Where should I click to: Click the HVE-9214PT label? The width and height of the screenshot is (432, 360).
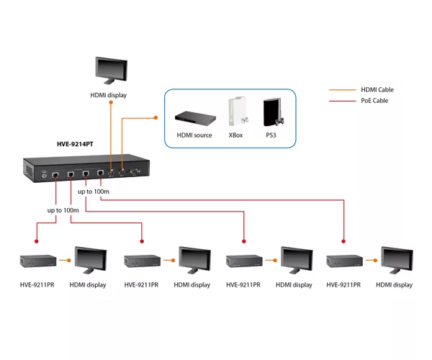pyautogui.click(x=75, y=144)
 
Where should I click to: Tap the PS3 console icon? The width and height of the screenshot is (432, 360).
pyautogui.click(x=273, y=112)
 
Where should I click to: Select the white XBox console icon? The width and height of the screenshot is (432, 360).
pyautogui.click(x=238, y=111)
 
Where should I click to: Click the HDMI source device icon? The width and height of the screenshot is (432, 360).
pyautogui.click(x=195, y=117)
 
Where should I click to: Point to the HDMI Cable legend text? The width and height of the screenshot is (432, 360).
pyautogui.click(x=377, y=90)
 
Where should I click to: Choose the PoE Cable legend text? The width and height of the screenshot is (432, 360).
pyautogui.click(x=374, y=101)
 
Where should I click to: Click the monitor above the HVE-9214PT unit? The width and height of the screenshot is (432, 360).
pyautogui.click(x=112, y=71)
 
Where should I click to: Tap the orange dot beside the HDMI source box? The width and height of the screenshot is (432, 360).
pyautogui.click(x=156, y=118)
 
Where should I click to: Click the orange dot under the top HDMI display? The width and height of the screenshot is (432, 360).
pyautogui.click(x=111, y=102)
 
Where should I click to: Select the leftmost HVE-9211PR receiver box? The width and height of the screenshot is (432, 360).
pyautogui.click(x=38, y=261)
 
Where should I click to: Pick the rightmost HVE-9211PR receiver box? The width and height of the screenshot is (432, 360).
pyautogui.click(x=344, y=261)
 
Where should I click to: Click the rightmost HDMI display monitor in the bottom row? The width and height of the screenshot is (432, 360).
pyautogui.click(x=397, y=261)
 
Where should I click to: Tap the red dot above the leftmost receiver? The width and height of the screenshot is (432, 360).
pyautogui.click(x=37, y=241)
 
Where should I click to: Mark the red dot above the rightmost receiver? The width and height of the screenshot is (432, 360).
pyautogui.click(x=343, y=241)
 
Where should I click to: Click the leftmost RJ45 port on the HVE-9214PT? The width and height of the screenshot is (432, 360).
pyautogui.click(x=55, y=175)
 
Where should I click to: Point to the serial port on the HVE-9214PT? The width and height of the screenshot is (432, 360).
pyautogui.click(x=135, y=172)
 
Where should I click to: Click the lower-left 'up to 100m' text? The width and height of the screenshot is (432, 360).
pyautogui.click(x=63, y=210)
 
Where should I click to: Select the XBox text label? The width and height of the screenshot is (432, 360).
pyautogui.click(x=235, y=135)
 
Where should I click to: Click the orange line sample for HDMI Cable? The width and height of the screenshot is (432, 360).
pyautogui.click(x=343, y=90)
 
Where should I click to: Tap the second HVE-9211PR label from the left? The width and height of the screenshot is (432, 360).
pyautogui.click(x=141, y=285)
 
